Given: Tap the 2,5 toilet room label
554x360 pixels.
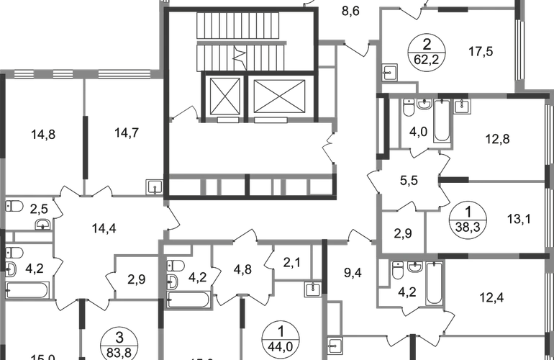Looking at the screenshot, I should point(38,209).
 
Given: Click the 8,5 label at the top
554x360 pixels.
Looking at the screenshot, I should point(350,12).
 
